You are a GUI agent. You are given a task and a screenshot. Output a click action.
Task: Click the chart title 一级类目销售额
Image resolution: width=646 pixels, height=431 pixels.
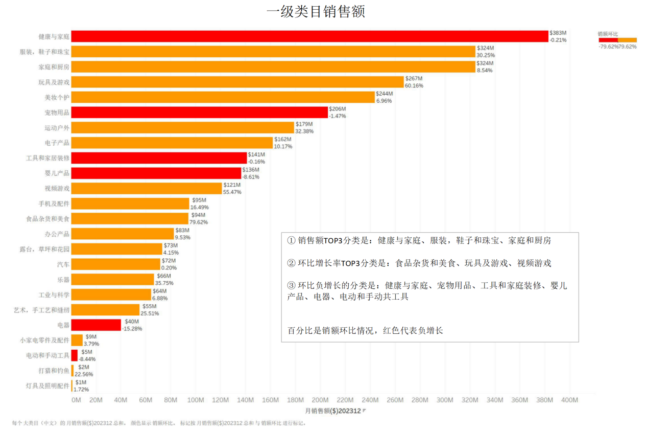coord(316,12)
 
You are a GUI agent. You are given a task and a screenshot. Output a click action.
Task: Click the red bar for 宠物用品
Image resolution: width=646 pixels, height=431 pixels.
coord(199,112)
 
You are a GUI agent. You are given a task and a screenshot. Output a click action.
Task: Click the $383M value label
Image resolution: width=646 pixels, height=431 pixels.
coord(558,33)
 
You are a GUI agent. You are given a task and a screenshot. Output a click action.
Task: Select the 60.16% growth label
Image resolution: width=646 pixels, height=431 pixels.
coord(414,86)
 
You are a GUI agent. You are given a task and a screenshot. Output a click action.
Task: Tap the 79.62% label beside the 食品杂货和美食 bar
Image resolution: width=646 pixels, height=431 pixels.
coord(199,222)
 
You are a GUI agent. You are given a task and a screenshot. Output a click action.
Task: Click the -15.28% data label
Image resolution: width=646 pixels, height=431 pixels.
coord(132,329)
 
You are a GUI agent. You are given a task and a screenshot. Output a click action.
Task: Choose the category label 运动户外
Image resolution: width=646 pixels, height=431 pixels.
coord(57,128)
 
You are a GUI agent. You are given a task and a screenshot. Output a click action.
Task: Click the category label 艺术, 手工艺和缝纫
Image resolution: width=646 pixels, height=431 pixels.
coord(41,310)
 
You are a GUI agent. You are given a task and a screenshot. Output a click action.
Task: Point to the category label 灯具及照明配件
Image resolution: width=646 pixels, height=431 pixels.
coord(47,385)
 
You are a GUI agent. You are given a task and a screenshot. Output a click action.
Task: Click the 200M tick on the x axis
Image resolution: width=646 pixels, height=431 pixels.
coord(320,400)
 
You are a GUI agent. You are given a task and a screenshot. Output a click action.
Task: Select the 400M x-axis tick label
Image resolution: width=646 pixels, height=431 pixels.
coord(569,400)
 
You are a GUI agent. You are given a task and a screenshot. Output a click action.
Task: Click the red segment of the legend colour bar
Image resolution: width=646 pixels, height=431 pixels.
coord(608,40)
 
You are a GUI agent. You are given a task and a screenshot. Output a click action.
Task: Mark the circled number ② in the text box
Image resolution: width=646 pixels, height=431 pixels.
coord(291,263)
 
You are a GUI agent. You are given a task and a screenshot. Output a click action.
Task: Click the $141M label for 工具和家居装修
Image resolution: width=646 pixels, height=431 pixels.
coord(256,154)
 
